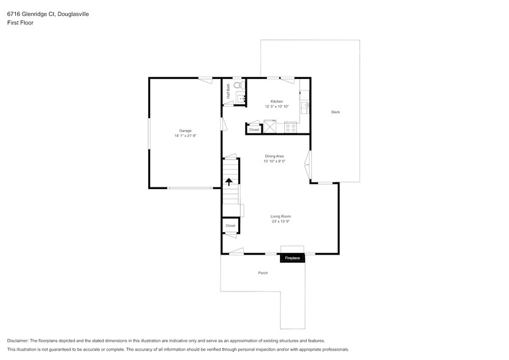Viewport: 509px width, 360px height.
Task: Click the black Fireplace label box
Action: pos(292,258)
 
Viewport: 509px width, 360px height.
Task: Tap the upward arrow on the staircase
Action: pos(230,182)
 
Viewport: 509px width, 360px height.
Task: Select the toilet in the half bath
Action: pos(238,86)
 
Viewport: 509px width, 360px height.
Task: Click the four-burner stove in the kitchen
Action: pos(290,128)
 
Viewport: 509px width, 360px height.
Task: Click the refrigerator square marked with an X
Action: pos(269,127)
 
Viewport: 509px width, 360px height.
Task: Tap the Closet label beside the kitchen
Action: pos(254,129)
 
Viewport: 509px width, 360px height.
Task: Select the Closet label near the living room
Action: pos(230,226)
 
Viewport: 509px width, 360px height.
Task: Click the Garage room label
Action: pos(185,130)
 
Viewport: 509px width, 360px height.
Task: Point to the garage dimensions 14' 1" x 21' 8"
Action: pos(185,136)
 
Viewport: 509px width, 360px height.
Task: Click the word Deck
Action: pos(335,112)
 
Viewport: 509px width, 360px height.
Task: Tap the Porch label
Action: pos(263,272)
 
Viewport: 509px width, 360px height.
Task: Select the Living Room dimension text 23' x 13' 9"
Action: pos(281,222)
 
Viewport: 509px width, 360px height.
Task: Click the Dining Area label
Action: pos(274,156)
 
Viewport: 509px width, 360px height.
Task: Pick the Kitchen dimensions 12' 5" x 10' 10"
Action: pos(277,107)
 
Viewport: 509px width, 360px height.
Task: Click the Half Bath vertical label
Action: pos(228,91)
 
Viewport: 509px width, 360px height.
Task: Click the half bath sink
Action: pos(240,97)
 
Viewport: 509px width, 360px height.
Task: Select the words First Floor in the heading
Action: pos(20,22)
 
